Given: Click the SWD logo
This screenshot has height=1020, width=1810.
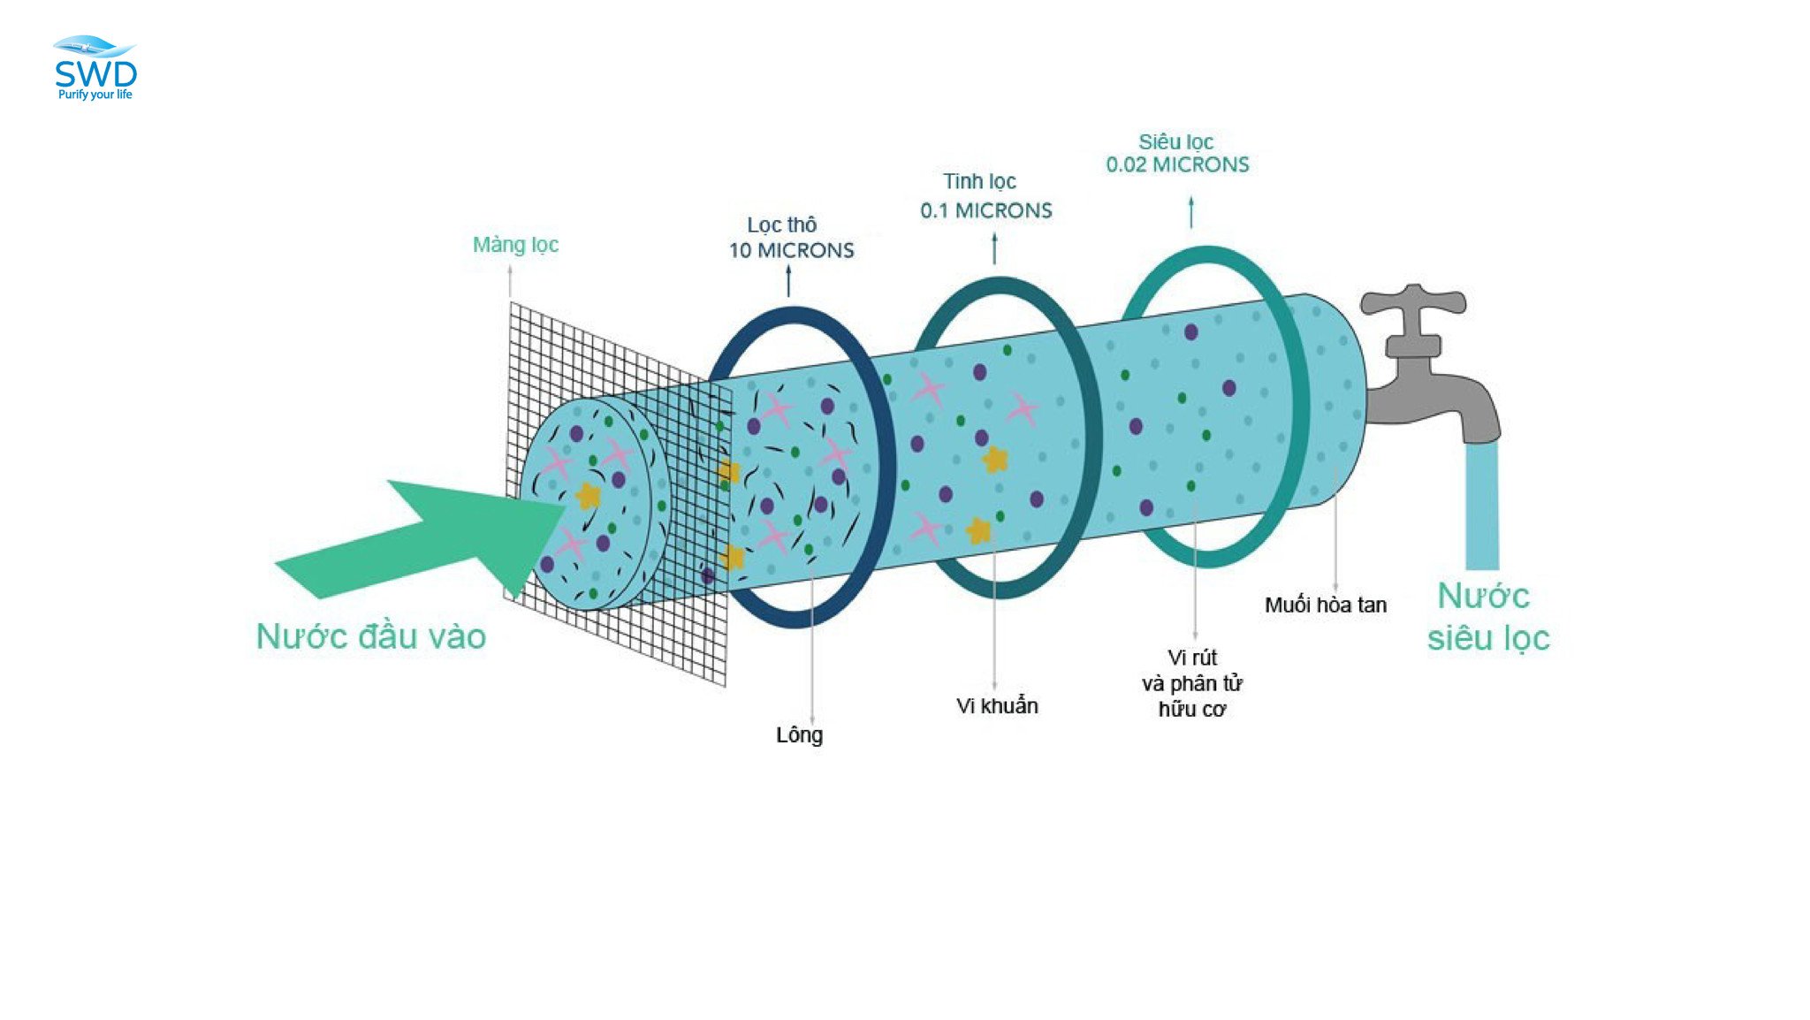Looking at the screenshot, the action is click(95, 68).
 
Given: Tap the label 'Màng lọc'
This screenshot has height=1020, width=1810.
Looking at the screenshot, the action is click(515, 245).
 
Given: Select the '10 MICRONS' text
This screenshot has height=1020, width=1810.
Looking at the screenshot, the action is click(791, 250).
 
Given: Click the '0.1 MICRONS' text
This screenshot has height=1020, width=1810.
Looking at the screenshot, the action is click(986, 210).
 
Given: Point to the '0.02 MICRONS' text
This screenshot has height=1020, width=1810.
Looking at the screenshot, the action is click(1177, 164).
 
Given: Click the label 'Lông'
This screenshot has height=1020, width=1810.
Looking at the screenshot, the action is click(799, 735).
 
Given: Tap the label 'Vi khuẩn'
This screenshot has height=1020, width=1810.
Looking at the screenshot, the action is click(997, 705).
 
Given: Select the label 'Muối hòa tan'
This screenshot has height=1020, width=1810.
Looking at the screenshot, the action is click(1325, 605).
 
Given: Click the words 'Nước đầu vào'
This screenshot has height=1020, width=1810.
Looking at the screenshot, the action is click(371, 636).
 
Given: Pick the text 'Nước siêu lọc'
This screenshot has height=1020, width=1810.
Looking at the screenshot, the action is click(1488, 617).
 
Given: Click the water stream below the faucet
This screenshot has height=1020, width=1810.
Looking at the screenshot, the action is click(1482, 505).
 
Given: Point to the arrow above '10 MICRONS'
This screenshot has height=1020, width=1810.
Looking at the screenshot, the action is click(789, 281).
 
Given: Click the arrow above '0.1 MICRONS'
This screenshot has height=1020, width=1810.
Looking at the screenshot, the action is click(994, 248).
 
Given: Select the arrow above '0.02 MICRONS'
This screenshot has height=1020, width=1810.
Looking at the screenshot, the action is click(1191, 213).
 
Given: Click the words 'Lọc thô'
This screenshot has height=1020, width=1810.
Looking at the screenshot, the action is click(782, 225).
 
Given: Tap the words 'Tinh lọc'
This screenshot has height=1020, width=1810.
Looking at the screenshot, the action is click(979, 181).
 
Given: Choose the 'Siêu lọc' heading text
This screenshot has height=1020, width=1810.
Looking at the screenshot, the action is click(1175, 141).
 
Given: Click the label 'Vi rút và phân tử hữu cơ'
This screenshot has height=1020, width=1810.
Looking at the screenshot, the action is click(1192, 683).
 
